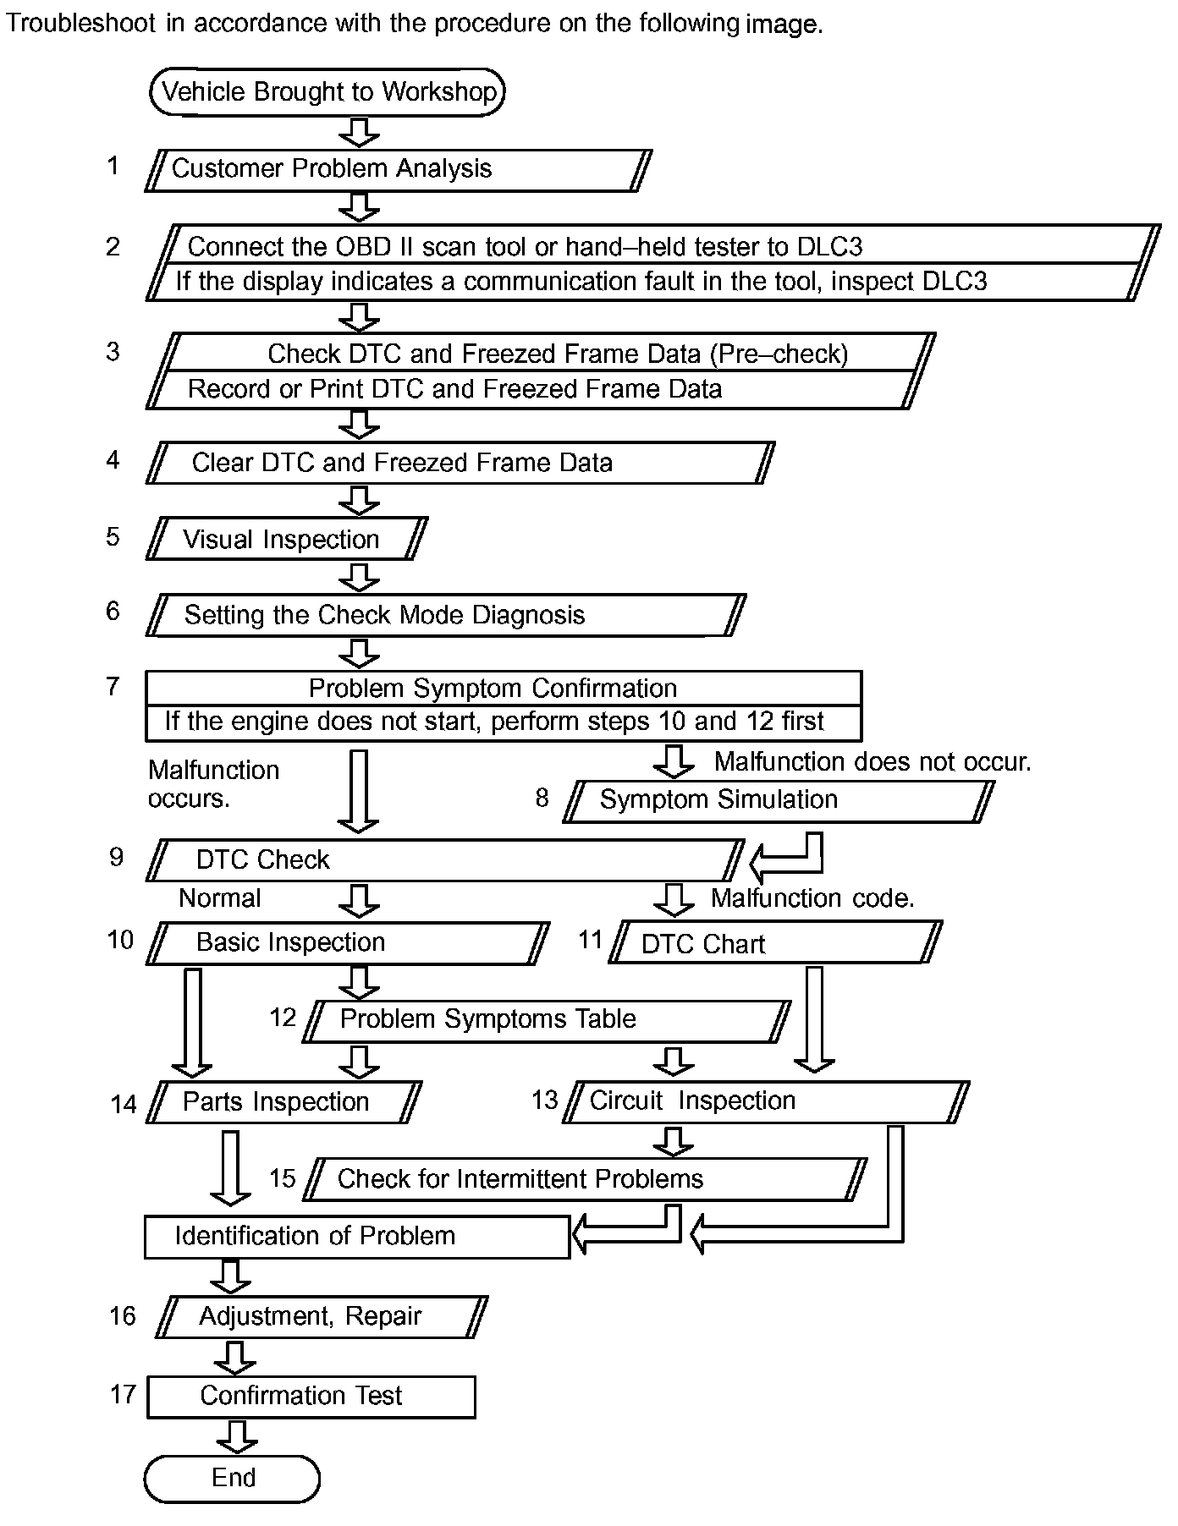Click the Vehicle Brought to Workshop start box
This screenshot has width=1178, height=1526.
tap(328, 91)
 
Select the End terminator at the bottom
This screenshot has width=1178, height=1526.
tap(233, 1477)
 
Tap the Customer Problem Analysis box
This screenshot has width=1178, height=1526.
tap(398, 169)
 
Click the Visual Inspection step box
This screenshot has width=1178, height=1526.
tap(286, 539)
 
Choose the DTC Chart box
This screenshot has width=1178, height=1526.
tap(773, 943)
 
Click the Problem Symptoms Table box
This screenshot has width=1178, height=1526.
tap(547, 1020)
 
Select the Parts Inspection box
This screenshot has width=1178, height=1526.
tap(283, 1102)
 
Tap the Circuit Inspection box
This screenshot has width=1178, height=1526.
tap(765, 1101)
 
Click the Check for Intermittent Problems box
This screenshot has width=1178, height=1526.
tap(584, 1179)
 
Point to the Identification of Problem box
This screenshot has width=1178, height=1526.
tap(356, 1237)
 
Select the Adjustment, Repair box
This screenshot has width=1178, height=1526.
tap(322, 1317)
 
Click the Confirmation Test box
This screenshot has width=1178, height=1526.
tap(311, 1396)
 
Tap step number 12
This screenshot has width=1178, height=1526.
tap(283, 1017)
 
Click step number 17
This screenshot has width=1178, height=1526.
tap(123, 1394)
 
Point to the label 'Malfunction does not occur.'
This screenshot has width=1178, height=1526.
tap(872, 762)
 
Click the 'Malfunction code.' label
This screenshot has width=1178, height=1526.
tap(812, 898)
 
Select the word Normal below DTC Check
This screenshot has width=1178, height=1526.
tap(220, 898)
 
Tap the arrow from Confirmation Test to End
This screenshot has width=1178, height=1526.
tap(236, 1436)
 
